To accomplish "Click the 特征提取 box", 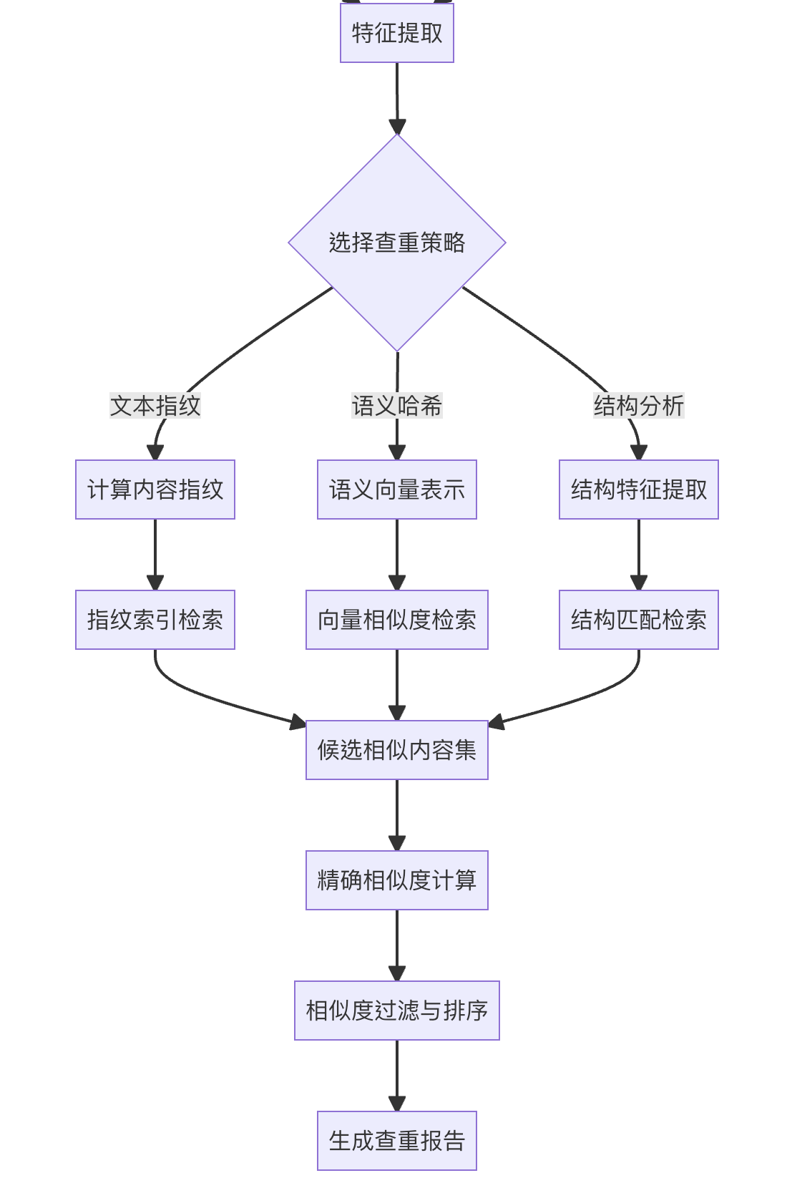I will coord(396,33).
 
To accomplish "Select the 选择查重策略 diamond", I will coord(396,243).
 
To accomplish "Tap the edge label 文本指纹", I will coord(155,406).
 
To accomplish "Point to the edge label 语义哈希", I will coord(396,406).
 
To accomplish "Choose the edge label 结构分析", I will coord(638,406).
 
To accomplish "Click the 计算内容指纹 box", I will coord(155,490).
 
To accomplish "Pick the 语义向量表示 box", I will coord(396,490).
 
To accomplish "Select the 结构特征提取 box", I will coord(638,490).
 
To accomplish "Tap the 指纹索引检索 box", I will coord(155,620).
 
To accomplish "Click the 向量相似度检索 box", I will coord(396,620).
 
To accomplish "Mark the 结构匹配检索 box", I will coord(638,620).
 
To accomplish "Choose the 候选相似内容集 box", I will coord(396,750).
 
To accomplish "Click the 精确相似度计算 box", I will coord(396,880).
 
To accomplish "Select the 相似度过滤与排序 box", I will coord(396,1011).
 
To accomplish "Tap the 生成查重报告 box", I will coord(396,1141).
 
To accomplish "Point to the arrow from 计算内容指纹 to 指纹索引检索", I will coord(155,551).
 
